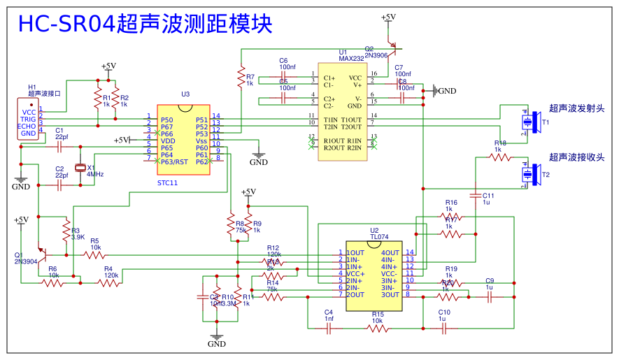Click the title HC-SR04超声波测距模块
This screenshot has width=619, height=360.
[x=145, y=24]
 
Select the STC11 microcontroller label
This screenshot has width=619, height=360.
[x=168, y=182]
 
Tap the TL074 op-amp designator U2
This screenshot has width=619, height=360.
[x=374, y=230]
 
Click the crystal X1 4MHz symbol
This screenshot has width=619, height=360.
[x=81, y=167]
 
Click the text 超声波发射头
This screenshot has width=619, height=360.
[x=576, y=108]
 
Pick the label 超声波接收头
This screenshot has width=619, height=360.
[x=576, y=157]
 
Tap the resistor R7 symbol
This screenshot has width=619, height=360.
[x=241, y=76]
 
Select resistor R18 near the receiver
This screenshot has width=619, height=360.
[x=499, y=157]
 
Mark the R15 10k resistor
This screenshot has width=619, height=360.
[x=377, y=328]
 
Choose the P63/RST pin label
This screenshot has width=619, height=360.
[x=174, y=161]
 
